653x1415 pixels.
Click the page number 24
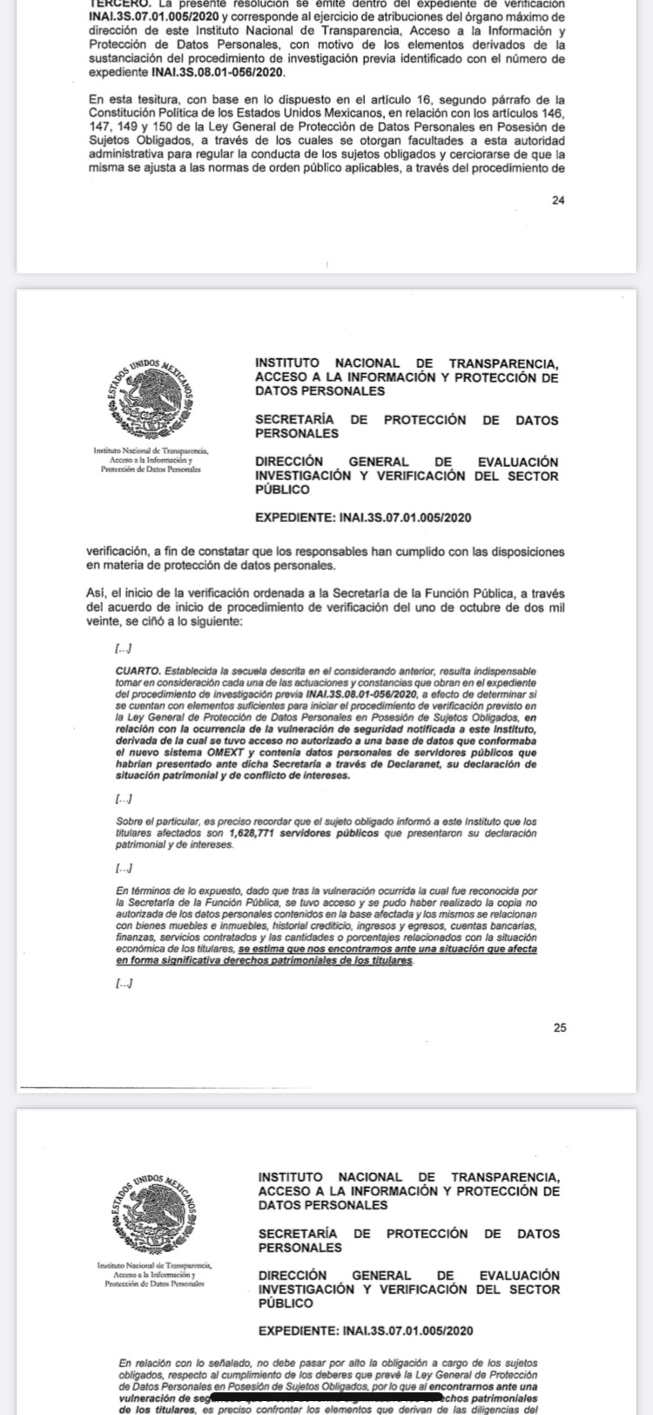point(558,200)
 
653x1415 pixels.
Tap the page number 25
point(559,1028)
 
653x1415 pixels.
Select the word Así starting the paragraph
point(95,594)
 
